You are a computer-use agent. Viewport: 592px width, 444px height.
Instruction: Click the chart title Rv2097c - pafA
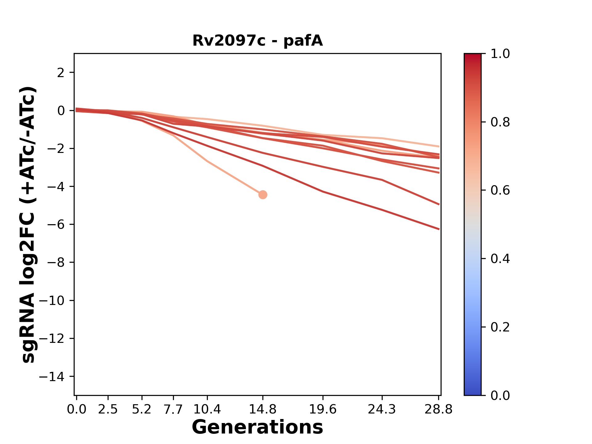coord(257,41)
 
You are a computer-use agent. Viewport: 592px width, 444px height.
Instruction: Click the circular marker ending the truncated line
coord(262,195)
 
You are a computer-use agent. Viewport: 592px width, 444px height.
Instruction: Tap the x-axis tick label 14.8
coord(262,409)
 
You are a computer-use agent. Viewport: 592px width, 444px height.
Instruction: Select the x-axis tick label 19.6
coord(323,409)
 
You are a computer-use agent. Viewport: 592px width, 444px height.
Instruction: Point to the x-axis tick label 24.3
coord(382,409)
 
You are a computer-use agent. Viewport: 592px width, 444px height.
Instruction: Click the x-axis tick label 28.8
coord(438,409)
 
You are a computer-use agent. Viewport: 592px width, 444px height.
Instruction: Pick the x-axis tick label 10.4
coord(207,409)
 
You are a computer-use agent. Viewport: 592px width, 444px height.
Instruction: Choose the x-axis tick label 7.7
coord(173,409)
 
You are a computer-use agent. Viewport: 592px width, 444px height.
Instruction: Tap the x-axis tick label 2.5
coord(108,409)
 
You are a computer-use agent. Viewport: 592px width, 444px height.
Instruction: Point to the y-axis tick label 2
coord(61,73)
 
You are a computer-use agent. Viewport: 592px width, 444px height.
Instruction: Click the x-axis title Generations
coord(257,427)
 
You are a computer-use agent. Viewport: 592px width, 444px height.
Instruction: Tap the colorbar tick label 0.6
coord(500,191)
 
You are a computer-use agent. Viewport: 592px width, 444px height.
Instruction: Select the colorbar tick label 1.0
coord(500,54)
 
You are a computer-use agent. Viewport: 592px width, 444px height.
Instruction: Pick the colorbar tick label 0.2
coord(500,327)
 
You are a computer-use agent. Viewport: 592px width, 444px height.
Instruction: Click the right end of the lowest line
coord(439,229)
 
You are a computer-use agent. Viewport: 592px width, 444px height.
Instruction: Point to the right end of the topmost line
coord(439,146)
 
